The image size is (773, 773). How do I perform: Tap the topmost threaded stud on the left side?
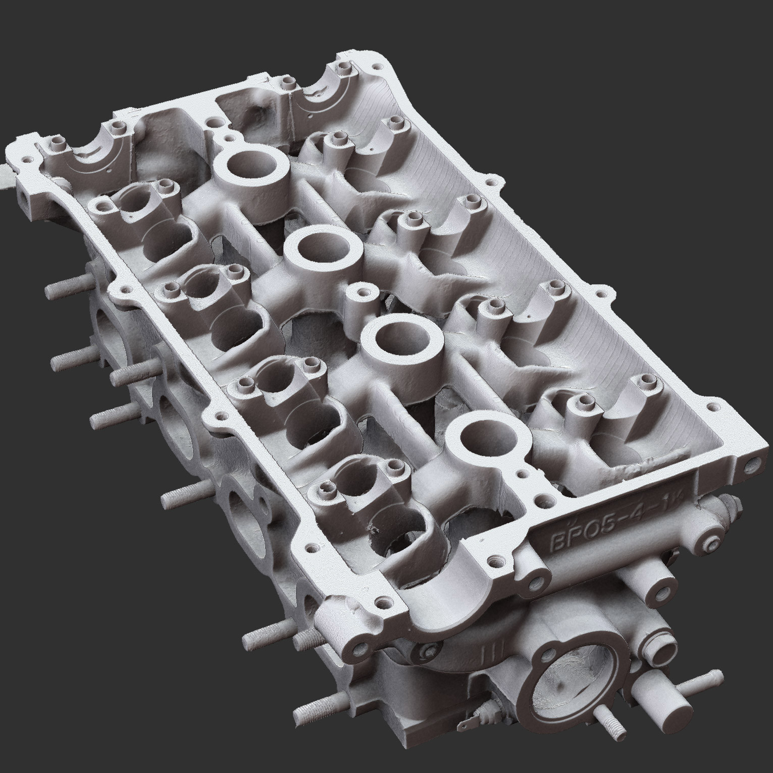pyautogui.click(x=62, y=290)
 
